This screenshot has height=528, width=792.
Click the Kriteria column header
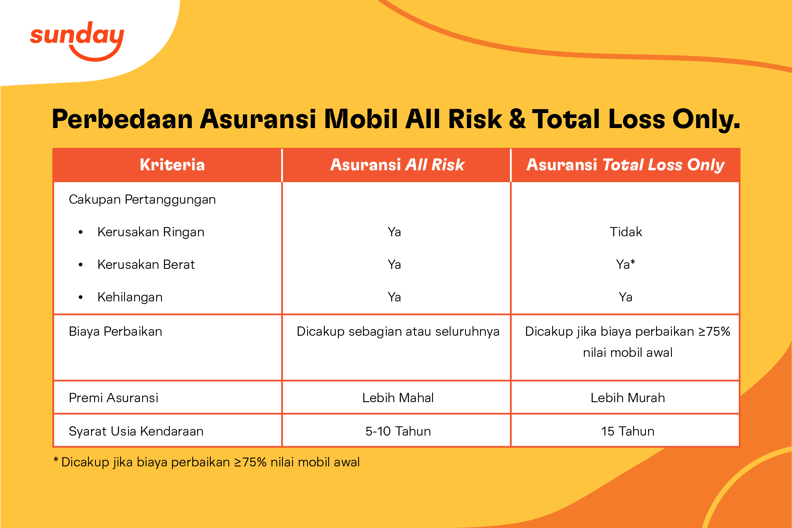coord(172,165)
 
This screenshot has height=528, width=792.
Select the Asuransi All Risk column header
coord(397,165)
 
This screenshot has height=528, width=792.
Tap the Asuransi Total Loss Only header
coord(625,165)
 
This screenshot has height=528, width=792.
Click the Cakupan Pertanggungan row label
coord(142,199)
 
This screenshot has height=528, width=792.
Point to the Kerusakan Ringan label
coord(150,232)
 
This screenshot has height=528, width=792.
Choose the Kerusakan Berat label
coord(146,264)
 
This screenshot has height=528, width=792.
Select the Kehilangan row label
coord(130,297)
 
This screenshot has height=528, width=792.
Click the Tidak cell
coord(626,232)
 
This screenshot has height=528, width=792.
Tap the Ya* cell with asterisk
coord(626,264)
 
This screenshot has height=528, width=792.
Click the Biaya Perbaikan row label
coord(115,331)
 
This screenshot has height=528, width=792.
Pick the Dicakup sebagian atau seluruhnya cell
coord(398,331)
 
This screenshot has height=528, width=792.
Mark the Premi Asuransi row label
coord(114,398)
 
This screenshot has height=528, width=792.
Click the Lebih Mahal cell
coord(398,398)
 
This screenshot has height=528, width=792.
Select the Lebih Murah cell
coord(627,398)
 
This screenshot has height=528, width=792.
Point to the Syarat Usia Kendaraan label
coord(136,431)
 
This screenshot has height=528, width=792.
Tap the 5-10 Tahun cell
coord(398,431)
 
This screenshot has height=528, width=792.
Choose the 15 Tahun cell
coord(627,431)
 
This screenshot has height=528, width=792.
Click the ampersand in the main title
coord(517,119)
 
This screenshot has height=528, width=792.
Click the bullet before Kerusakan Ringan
coord(81,232)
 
